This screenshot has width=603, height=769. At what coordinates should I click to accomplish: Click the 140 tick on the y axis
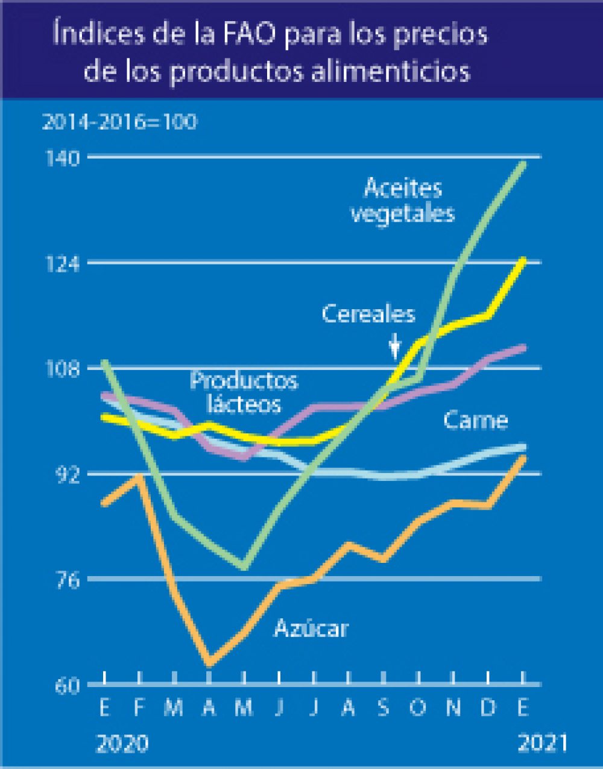click(63, 159)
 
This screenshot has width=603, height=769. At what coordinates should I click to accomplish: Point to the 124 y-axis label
click(63, 264)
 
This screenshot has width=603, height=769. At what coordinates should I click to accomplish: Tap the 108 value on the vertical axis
click(63, 369)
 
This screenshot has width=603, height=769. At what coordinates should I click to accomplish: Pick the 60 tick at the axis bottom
click(66, 686)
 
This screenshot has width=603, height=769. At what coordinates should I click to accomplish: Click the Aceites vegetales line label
click(403, 200)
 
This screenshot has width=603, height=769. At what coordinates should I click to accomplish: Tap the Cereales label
click(368, 314)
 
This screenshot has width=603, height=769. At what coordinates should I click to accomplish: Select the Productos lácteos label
click(244, 392)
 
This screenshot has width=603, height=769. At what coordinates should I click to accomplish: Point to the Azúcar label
click(311, 629)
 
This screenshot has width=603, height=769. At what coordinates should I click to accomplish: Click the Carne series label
click(475, 420)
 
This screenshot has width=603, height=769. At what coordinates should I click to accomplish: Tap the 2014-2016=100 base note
click(119, 122)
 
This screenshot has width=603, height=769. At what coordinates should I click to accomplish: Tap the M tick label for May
click(244, 707)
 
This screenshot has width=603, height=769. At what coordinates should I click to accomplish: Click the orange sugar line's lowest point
click(209, 664)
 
